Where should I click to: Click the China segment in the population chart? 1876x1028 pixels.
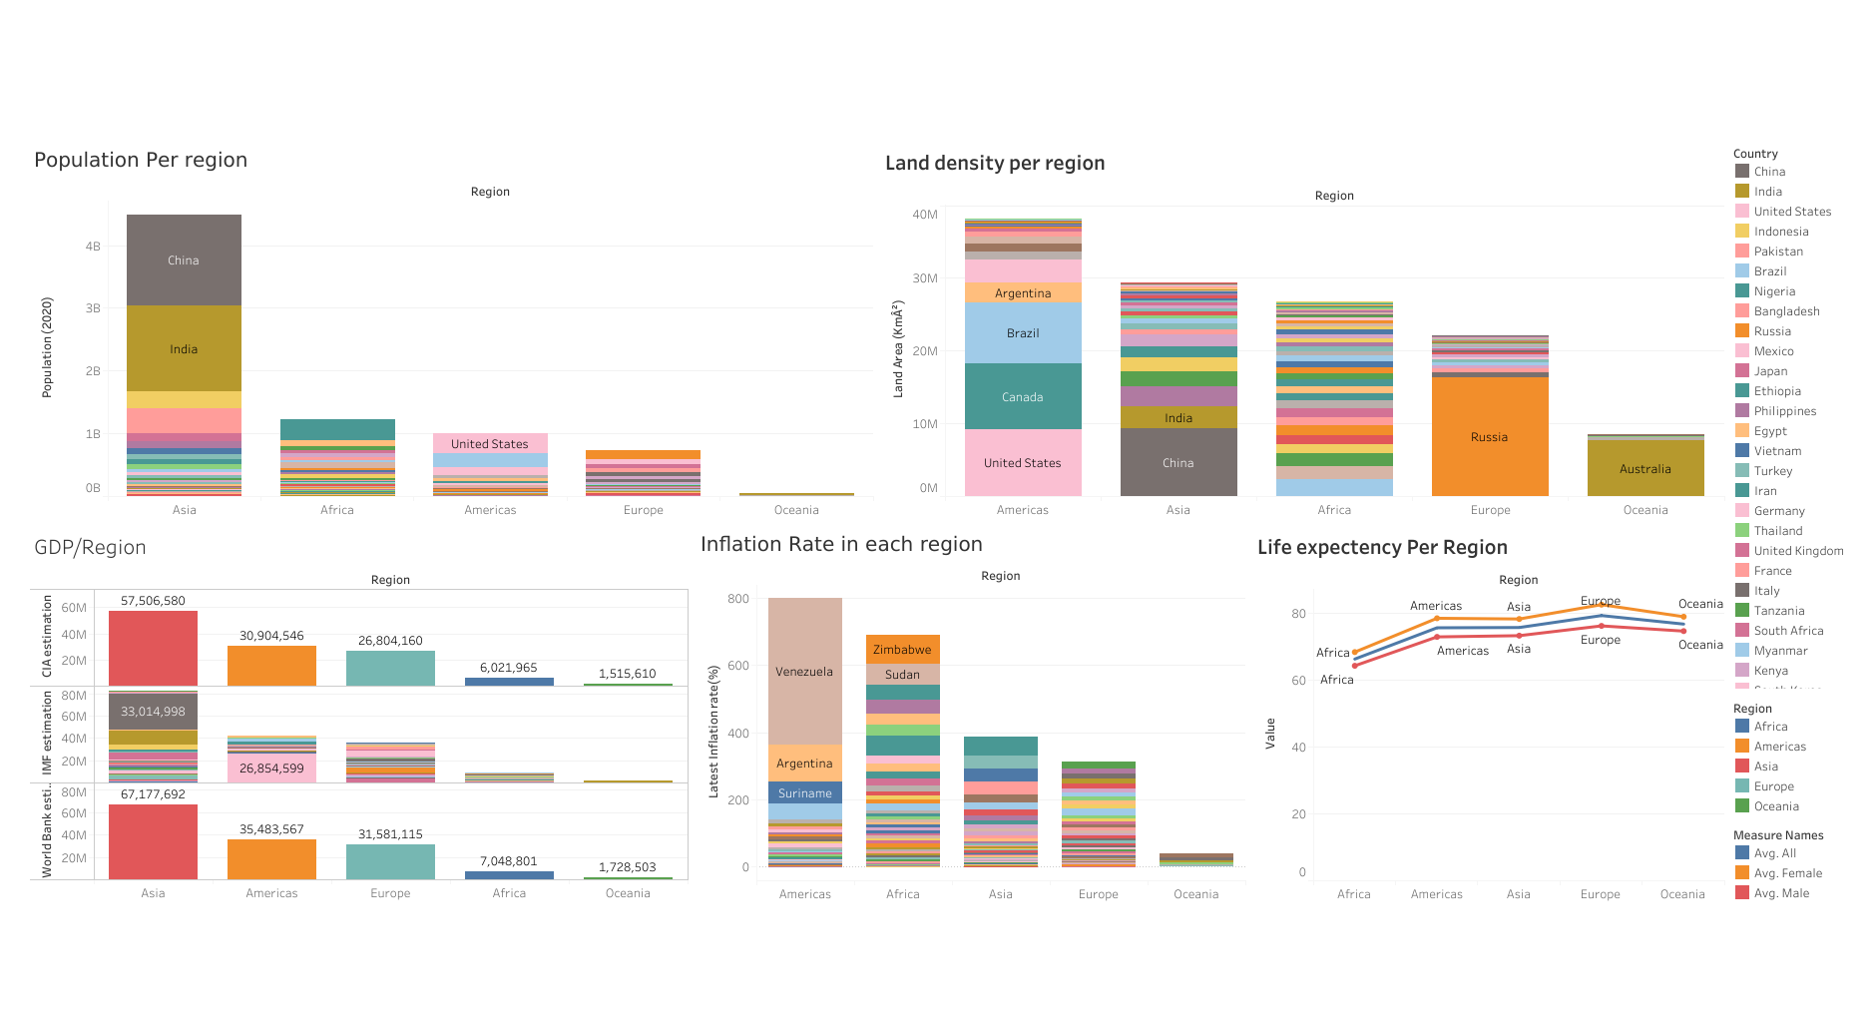click(x=184, y=260)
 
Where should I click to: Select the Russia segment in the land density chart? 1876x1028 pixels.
click(x=1489, y=436)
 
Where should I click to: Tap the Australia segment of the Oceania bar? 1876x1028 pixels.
click(x=1645, y=468)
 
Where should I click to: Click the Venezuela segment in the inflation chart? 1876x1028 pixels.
click(x=804, y=671)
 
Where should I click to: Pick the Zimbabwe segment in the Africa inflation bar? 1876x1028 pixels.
click(x=902, y=650)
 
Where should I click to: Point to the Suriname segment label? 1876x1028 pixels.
click(x=804, y=793)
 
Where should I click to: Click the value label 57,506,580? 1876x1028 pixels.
click(x=153, y=601)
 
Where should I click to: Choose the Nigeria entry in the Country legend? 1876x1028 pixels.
click(x=1773, y=291)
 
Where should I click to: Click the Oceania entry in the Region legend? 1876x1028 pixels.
click(x=1775, y=806)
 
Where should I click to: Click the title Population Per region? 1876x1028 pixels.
click(x=141, y=160)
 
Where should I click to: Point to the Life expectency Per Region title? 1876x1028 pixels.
click(x=1382, y=547)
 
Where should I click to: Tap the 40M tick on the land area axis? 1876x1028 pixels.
click(x=924, y=215)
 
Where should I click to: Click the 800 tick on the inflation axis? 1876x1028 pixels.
click(x=738, y=599)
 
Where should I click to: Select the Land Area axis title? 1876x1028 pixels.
click(x=898, y=349)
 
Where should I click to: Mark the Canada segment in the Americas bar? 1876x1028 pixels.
click(x=1023, y=396)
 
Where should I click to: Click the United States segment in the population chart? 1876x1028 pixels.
click(x=489, y=443)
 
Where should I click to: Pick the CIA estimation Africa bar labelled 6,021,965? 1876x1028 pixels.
click(x=509, y=682)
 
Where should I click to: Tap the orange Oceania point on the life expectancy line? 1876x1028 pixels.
click(x=1683, y=617)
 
